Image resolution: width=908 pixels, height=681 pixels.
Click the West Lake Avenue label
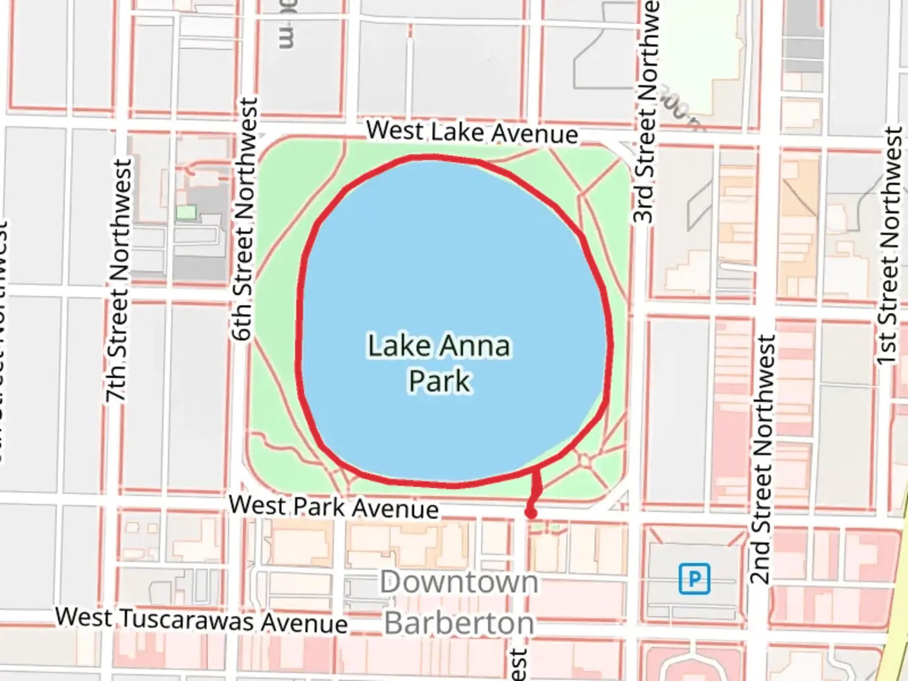pos(472,132)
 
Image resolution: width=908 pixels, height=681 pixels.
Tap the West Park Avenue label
pos(334,506)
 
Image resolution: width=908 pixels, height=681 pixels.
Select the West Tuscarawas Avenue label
pos(202,620)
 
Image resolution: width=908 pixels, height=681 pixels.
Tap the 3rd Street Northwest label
pos(646,113)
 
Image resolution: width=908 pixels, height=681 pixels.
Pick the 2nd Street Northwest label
pos(762,459)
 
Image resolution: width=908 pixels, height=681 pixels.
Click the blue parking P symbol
pos(694,579)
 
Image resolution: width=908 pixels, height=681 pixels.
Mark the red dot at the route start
pos(531,513)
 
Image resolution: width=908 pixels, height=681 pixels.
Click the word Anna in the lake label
pos(475,346)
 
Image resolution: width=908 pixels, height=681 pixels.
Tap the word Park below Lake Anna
pos(439,381)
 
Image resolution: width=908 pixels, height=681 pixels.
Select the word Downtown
pos(459,582)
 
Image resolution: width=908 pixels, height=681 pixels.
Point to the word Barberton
pos(459,623)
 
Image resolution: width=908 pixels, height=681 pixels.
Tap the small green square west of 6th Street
pos(185,212)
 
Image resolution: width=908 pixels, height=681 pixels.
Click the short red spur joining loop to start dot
pos(537,489)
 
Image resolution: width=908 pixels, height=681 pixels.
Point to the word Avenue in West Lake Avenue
pos(535,134)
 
